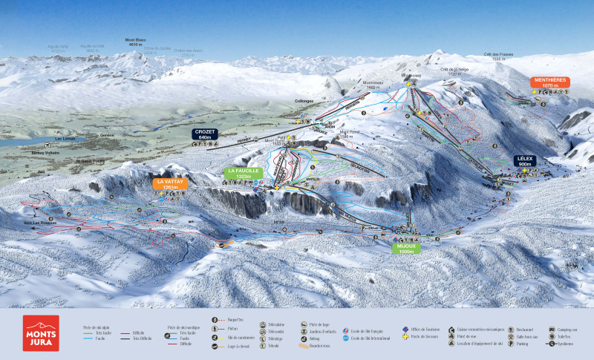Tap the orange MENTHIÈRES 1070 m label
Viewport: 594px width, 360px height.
[549, 82]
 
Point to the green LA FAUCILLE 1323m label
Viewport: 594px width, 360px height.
[243, 173]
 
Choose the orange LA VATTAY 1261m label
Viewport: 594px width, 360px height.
[171, 183]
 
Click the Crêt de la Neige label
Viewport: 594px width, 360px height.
[454, 69]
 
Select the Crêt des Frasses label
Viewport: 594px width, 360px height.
[498, 54]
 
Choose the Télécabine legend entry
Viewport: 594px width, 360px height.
[277, 324]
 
